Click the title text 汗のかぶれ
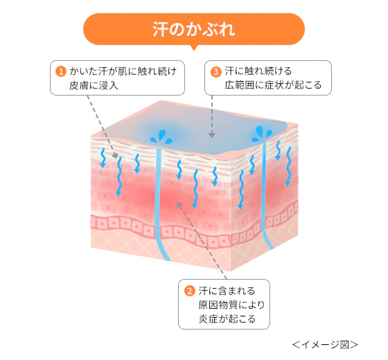[194, 30]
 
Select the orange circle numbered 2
[188, 290]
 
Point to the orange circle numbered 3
[215, 71]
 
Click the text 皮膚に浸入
[94, 85]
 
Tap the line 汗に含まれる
[227, 290]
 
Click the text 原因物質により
[232, 305]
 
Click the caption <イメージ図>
[324, 343]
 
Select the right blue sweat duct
[267, 194]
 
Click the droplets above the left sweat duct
[164, 134]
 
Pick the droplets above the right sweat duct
[265, 129]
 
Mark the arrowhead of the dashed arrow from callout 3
[211, 135]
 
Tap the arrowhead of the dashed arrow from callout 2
[178, 203]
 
